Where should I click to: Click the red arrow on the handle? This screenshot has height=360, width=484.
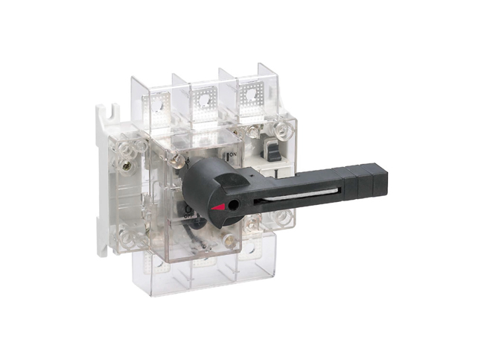[x=217, y=205]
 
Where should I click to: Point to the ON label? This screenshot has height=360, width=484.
[x=233, y=154]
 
